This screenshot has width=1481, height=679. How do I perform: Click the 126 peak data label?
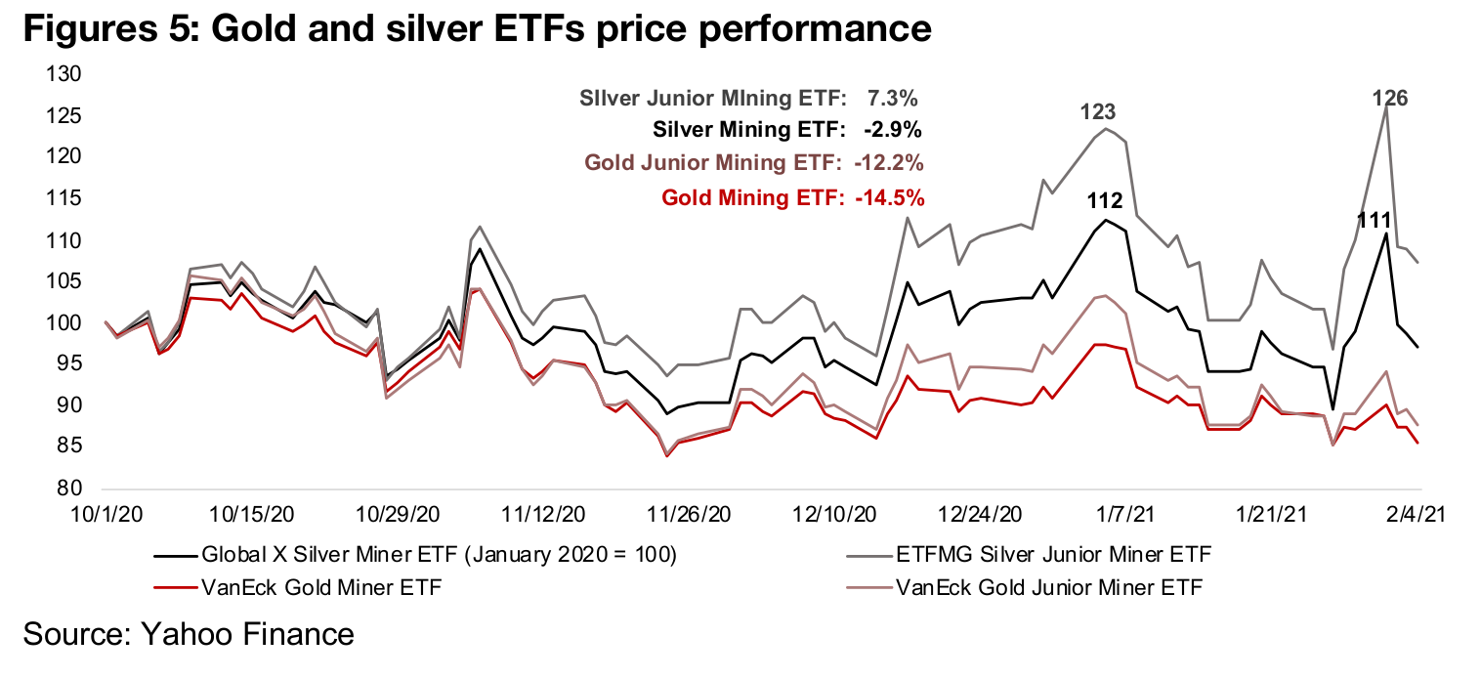tap(1389, 98)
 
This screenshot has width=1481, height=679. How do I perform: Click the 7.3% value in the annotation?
tap(892, 98)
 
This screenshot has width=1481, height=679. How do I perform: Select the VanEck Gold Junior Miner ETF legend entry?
tap(1048, 588)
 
